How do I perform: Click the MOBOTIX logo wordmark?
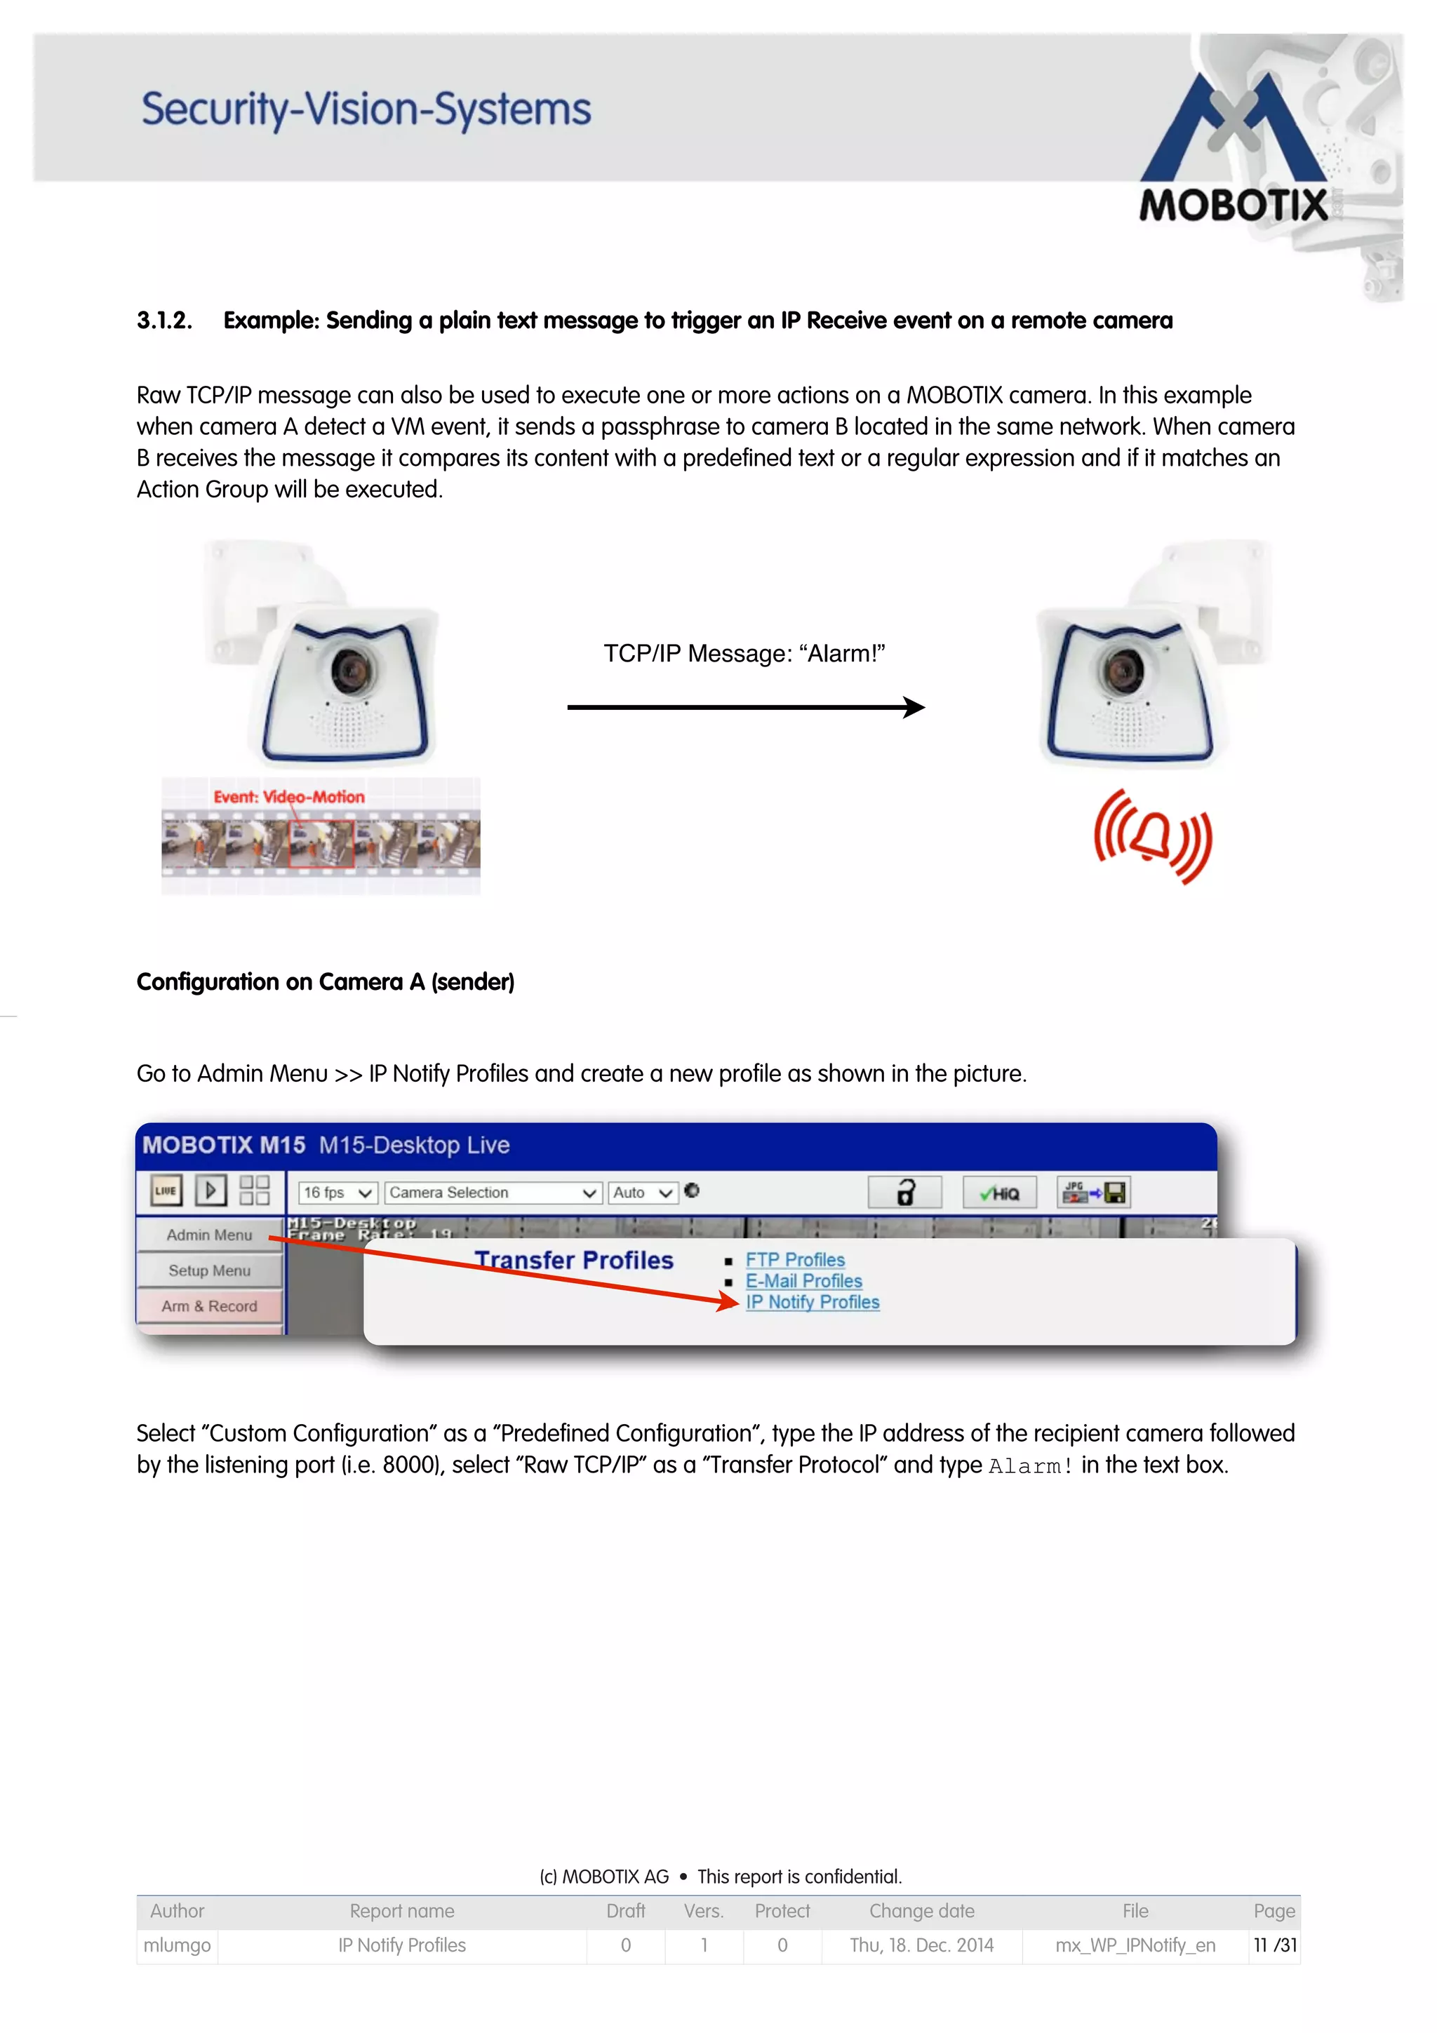[1233, 206]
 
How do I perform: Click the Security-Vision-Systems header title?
[366, 110]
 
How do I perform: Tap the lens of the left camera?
[353, 670]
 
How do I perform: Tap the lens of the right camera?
[1125, 670]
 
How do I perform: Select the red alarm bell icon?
[1152, 836]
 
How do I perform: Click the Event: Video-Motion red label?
[288, 797]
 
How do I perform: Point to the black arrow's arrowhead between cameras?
[916, 706]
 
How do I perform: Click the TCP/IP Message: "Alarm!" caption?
[744, 654]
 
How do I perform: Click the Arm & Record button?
[209, 1306]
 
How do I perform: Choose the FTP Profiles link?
[794, 1259]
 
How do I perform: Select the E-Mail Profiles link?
[803, 1280]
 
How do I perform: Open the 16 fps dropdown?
[337, 1193]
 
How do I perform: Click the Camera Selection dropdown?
[493, 1193]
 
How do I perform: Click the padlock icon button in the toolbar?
[904, 1193]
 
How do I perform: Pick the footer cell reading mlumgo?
[177, 1945]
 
